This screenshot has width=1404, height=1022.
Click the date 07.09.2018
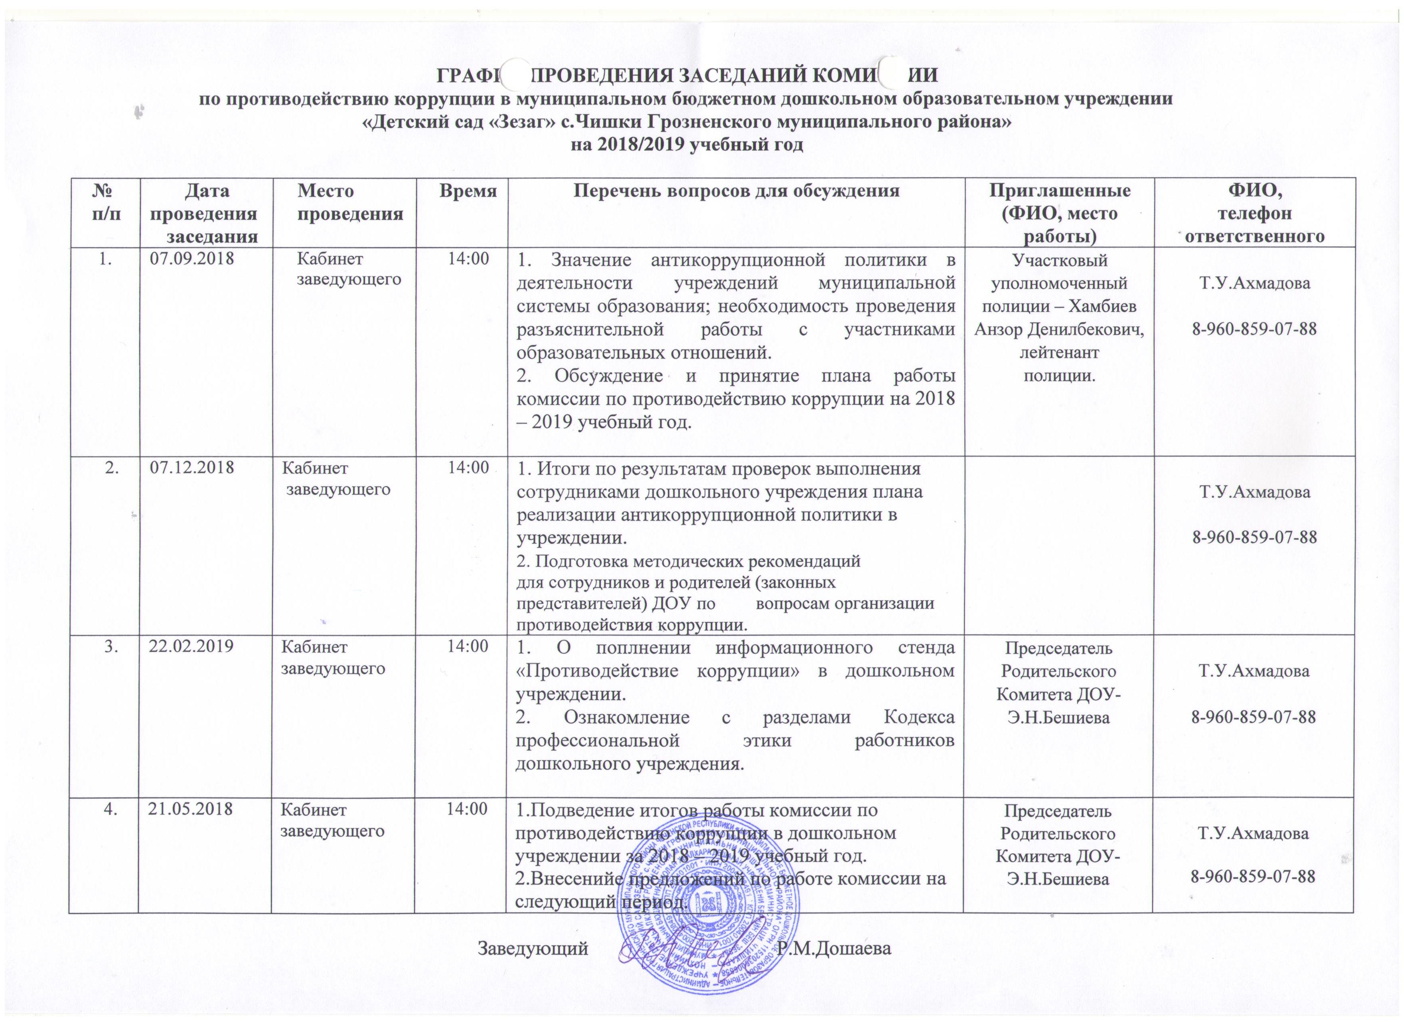[192, 259]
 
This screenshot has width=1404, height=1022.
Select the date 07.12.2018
[192, 468]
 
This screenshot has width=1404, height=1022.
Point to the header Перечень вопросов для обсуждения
[736, 190]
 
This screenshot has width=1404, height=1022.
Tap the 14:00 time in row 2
[469, 468]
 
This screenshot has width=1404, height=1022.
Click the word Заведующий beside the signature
[533, 966]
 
